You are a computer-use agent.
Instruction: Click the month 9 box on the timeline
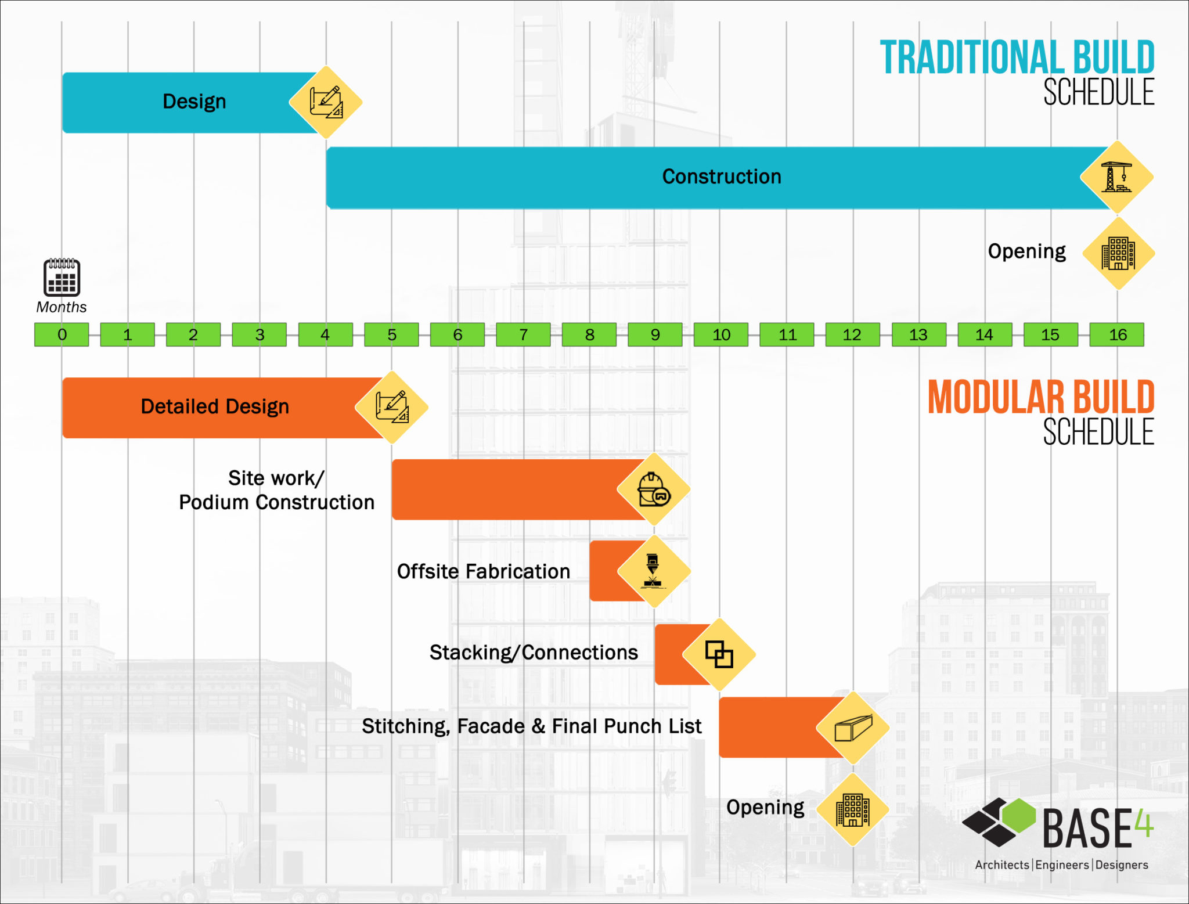(x=655, y=334)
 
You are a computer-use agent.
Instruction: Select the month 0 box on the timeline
(x=62, y=334)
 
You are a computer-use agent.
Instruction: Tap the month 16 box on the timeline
(x=1117, y=334)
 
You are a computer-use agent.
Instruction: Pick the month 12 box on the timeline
(x=852, y=334)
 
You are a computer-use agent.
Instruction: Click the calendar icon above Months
(x=62, y=278)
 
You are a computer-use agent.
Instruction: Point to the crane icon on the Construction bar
(x=1116, y=177)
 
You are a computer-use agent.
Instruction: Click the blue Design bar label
(x=194, y=102)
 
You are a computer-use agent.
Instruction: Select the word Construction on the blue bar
(x=722, y=177)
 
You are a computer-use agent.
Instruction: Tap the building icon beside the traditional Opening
(x=1118, y=254)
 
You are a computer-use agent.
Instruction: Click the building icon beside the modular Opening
(x=852, y=809)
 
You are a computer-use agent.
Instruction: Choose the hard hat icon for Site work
(x=653, y=489)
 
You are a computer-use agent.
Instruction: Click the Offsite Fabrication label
(x=483, y=571)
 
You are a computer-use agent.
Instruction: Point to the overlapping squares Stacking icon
(x=719, y=654)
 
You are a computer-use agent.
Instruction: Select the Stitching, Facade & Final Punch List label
(x=531, y=726)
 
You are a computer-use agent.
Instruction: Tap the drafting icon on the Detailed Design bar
(x=392, y=407)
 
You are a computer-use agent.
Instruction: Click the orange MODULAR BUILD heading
(x=1040, y=398)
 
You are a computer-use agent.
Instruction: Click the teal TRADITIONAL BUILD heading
(x=1017, y=57)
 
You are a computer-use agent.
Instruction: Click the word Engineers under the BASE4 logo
(x=1062, y=865)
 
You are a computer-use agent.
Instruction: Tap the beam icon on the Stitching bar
(x=853, y=727)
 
